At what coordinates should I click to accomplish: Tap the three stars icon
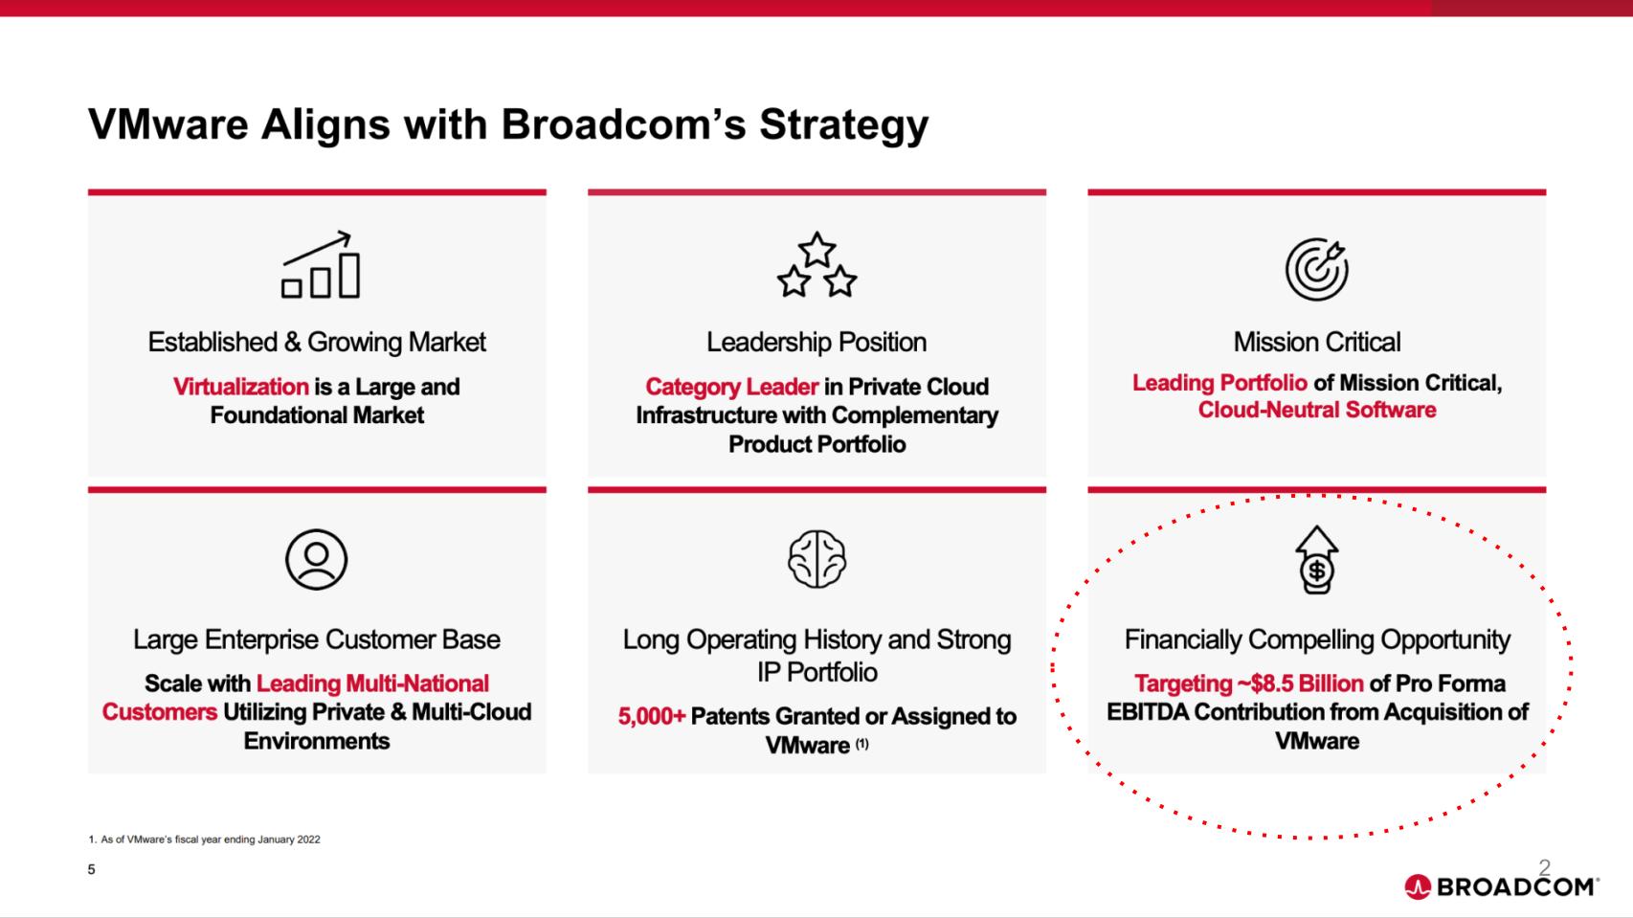tap(816, 265)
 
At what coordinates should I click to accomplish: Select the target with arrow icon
tap(1316, 268)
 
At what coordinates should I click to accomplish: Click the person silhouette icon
tap(316, 559)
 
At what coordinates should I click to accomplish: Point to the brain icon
tap(816, 559)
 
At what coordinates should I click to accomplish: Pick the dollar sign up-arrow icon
tap(1317, 560)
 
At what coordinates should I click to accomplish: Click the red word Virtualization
tap(240, 387)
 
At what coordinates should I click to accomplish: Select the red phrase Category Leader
tap(731, 387)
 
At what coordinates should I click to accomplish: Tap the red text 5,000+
tap(652, 716)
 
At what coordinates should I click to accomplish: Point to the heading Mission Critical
tap(1316, 342)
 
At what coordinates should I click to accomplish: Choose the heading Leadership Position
tap(816, 342)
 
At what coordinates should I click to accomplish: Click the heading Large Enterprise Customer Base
tap(317, 639)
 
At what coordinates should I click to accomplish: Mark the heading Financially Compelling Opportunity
tap(1317, 639)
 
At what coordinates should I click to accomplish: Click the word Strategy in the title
tap(843, 124)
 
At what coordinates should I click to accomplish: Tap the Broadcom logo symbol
tap(1417, 887)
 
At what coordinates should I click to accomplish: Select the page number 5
tap(91, 869)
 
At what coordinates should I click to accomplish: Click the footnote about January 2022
tap(204, 840)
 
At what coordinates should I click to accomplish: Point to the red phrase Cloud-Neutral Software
tap(1316, 410)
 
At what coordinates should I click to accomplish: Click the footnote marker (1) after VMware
tap(861, 744)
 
